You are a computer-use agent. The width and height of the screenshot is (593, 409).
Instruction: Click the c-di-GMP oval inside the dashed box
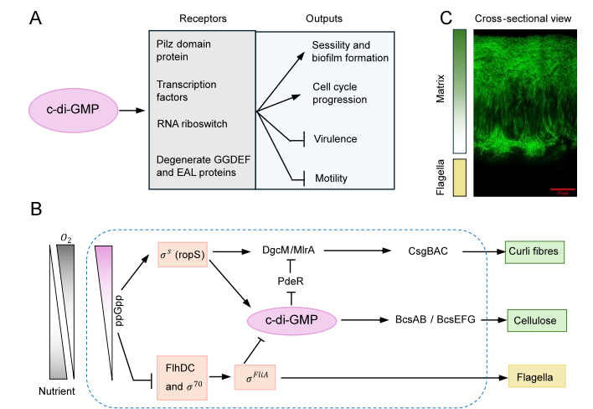(x=291, y=320)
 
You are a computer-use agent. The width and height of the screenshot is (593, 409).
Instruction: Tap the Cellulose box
(x=537, y=320)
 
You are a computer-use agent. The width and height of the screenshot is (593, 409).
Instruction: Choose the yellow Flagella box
(x=537, y=376)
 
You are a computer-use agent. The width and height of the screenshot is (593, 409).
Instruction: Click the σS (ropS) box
(x=182, y=254)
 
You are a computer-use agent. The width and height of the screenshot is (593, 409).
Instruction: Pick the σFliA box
(x=255, y=378)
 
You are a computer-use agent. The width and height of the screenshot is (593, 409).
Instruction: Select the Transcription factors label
(x=187, y=91)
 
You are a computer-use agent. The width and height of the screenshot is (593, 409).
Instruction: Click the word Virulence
(x=336, y=139)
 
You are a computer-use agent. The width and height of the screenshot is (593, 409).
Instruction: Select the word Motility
(x=331, y=178)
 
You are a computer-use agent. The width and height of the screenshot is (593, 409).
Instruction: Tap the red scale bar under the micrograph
(x=563, y=190)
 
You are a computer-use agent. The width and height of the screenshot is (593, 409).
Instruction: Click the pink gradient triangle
(x=106, y=285)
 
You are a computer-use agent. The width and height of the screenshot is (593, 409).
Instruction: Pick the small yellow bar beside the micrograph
(x=459, y=178)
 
